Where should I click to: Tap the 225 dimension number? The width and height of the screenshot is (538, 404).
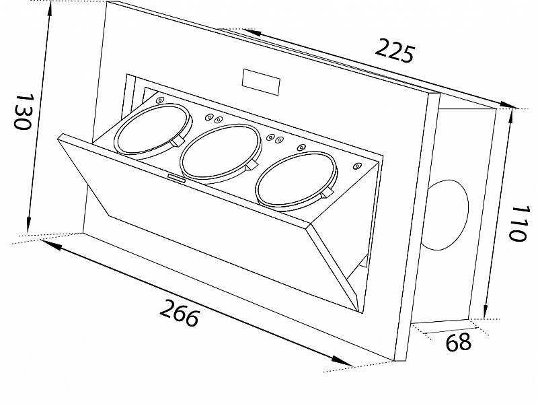tap(394, 50)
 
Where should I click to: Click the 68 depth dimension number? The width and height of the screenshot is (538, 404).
tap(459, 343)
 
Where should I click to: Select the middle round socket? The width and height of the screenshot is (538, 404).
tap(219, 154)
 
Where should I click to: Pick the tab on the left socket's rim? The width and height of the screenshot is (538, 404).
tap(179, 142)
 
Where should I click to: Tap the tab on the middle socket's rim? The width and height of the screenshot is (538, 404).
tap(252, 166)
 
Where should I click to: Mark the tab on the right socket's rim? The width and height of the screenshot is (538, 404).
tap(325, 195)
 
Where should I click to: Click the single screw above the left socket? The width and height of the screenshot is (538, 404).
tap(159, 100)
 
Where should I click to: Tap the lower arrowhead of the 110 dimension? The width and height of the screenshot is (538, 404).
tap(484, 313)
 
